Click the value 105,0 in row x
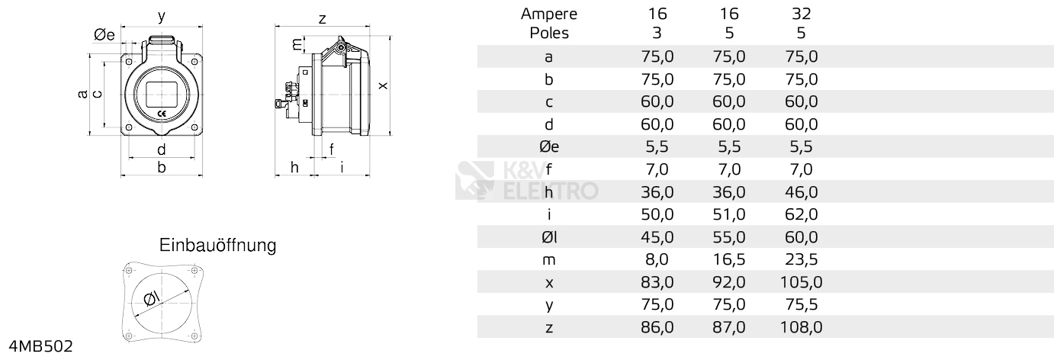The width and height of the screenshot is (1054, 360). click(x=801, y=282)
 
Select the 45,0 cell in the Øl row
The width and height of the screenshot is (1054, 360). click(x=657, y=236)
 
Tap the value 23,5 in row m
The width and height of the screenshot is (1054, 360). click(x=801, y=259)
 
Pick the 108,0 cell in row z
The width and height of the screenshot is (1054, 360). click(x=801, y=327)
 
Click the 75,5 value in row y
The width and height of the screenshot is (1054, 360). click(x=801, y=304)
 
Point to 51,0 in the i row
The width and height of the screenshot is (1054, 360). click(x=729, y=214)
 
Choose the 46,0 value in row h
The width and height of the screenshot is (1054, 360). click(x=801, y=192)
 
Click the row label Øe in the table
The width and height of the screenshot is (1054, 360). click(x=549, y=147)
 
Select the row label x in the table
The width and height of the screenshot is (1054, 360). click(x=549, y=283)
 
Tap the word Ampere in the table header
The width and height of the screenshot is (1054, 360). click(x=549, y=14)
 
